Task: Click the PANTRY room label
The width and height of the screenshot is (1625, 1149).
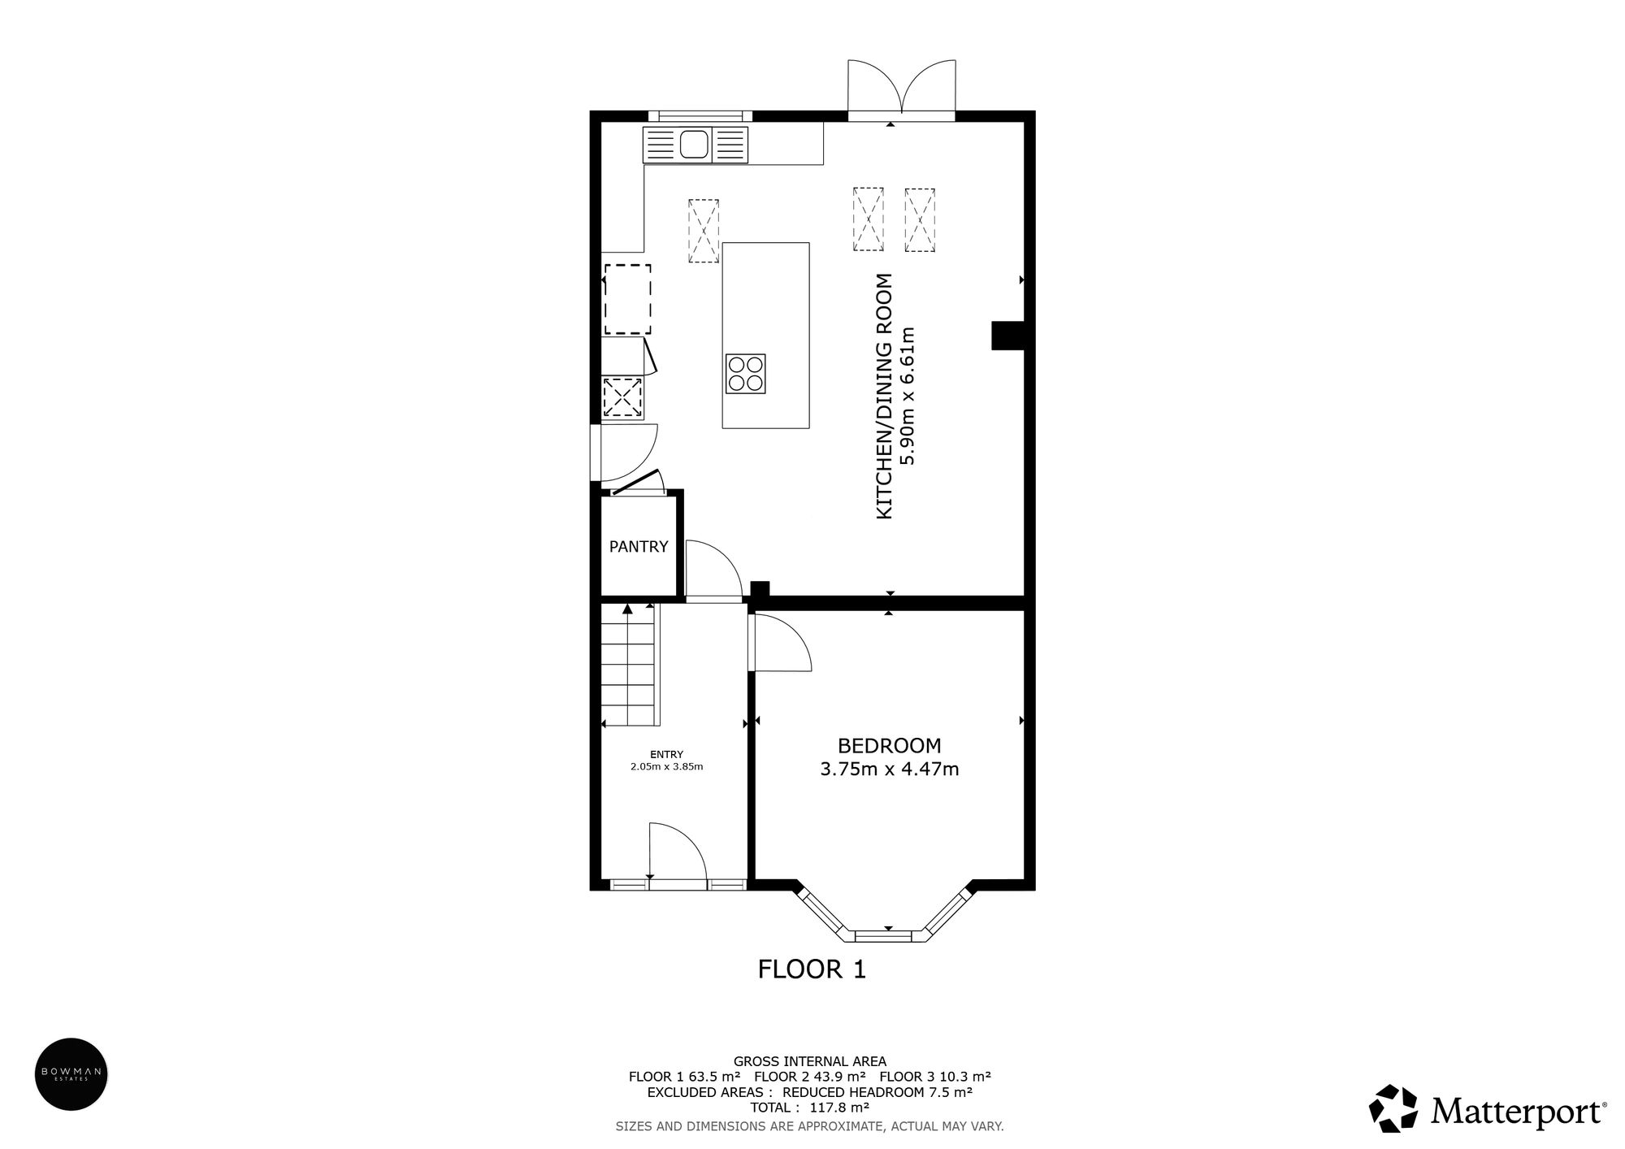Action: pos(639,547)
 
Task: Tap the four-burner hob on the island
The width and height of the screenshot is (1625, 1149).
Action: pos(745,375)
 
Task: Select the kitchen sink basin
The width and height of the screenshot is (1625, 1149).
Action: pos(694,145)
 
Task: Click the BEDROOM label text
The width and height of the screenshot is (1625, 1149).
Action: pos(889,745)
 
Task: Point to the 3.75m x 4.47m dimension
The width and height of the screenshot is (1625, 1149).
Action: pos(889,769)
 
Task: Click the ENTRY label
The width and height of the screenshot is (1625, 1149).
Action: pos(666,754)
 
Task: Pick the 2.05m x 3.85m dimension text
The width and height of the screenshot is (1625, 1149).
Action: pos(666,766)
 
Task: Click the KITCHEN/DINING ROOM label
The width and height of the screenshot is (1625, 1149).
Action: pos(885,396)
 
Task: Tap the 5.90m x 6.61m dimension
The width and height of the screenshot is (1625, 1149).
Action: pos(908,396)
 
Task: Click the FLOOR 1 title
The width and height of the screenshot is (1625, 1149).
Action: pos(812,969)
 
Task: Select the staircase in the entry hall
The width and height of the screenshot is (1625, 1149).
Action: pos(628,665)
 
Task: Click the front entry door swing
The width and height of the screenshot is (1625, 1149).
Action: pos(676,850)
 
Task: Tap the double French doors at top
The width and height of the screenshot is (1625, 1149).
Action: pos(901,89)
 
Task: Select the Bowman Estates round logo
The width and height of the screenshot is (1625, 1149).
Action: pos(71,1073)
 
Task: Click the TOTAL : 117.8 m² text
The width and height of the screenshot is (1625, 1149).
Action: pos(809,1108)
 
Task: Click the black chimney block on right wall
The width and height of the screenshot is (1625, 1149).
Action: pos(1007,336)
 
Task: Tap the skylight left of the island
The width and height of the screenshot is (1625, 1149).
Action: pos(704,231)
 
